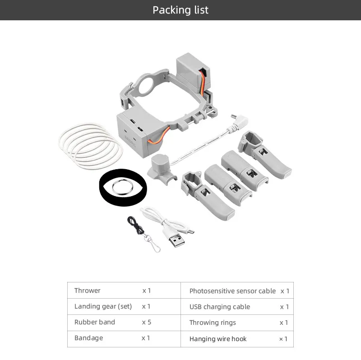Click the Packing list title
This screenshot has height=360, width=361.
pos(180,10)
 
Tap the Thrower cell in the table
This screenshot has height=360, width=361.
pos(88,291)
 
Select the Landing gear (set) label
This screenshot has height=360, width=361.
pos(103,306)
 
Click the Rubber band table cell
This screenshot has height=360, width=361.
pos(95,322)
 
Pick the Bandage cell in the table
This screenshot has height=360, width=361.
pos(89,338)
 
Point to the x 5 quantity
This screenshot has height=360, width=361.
pos(146,322)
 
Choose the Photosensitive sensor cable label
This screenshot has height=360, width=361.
pos(232,291)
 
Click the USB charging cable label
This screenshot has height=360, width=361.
pos(220,307)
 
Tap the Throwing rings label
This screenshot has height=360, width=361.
pos(213,323)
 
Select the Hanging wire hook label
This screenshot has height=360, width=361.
pos(218,339)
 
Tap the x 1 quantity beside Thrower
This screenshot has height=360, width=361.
pos(147,291)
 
